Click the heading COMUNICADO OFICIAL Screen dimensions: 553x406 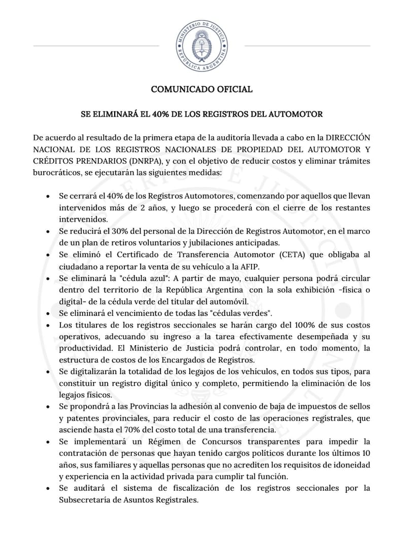click(x=201, y=90)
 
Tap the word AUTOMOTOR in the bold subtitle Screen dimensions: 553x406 click(x=296, y=114)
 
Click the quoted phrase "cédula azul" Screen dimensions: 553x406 click(x=127, y=279)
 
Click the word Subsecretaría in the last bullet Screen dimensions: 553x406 click(x=85, y=499)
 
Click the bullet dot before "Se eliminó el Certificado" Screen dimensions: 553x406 click(x=48, y=255)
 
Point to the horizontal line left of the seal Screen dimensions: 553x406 click(x=96, y=46)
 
